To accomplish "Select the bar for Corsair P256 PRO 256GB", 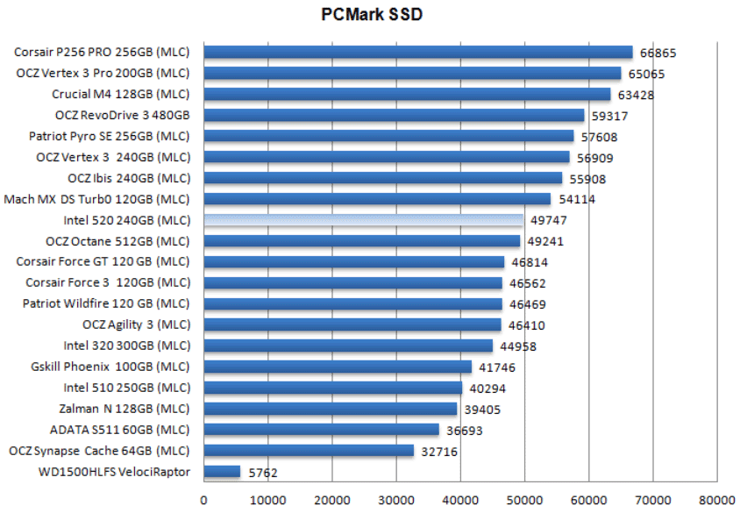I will click(418, 52).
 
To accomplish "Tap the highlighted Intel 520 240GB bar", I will click(364, 220).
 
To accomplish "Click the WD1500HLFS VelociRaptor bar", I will click(222, 472).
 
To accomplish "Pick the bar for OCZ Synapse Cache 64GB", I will click(309, 451).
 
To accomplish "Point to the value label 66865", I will click(658, 53).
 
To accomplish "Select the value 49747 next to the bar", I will click(548, 221).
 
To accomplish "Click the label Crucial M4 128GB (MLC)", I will click(120, 94).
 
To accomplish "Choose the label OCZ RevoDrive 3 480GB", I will click(122, 115).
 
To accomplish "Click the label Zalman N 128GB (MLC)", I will click(124, 409).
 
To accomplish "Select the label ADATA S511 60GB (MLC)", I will click(119, 430).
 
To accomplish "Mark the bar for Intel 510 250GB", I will click(333, 388).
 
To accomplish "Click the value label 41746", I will click(497, 367).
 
